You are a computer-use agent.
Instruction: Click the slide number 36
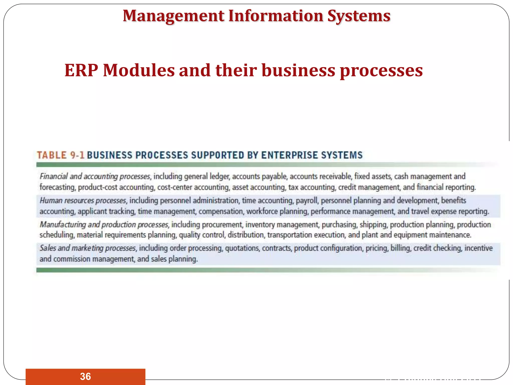point(85,376)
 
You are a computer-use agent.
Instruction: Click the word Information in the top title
point(276,16)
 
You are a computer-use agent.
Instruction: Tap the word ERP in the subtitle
point(81,70)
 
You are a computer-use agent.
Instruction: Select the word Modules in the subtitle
point(139,70)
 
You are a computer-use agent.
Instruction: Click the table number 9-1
point(77,155)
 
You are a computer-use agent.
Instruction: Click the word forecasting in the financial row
point(57,187)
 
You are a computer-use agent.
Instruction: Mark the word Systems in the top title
point(359,16)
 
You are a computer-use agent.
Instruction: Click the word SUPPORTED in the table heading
point(217,155)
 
